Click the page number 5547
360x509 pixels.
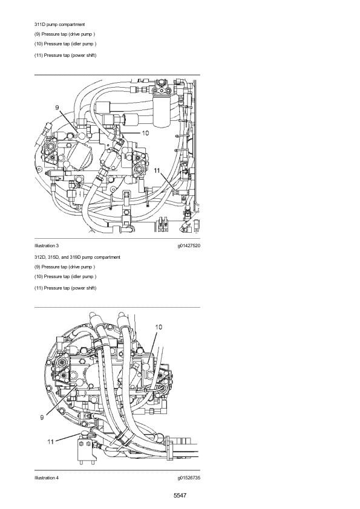coord(180,495)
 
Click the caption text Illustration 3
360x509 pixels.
coord(47,246)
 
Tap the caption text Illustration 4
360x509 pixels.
coord(47,478)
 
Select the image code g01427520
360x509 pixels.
coord(189,246)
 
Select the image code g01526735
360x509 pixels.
coord(189,478)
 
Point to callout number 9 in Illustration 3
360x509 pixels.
coord(57,108)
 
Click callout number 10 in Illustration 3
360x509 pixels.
coord(145,133)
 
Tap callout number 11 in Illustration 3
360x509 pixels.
coord(157,170)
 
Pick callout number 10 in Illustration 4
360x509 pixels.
coord(159,327)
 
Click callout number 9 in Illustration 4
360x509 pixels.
coord(42,418)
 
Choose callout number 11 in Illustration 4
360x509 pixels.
coord(50,442)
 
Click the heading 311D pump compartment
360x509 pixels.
coord(59,24)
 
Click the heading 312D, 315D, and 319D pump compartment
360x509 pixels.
coord(77,257)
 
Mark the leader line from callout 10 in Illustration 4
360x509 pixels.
coord(152,348)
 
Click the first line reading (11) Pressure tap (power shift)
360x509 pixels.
coord(65,55)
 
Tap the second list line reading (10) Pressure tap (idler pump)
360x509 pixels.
coord(65,277)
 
